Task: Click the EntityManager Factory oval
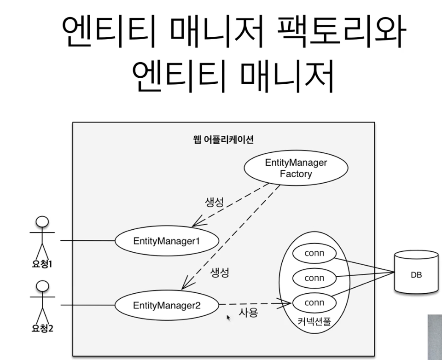[296, 168]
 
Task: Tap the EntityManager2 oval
[166, 305]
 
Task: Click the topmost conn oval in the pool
[314, 253]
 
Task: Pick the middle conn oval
[314, 278]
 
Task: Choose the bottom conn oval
[314, 303]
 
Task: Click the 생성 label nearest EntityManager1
[214, 203]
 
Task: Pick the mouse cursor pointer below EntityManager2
[228, 317]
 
